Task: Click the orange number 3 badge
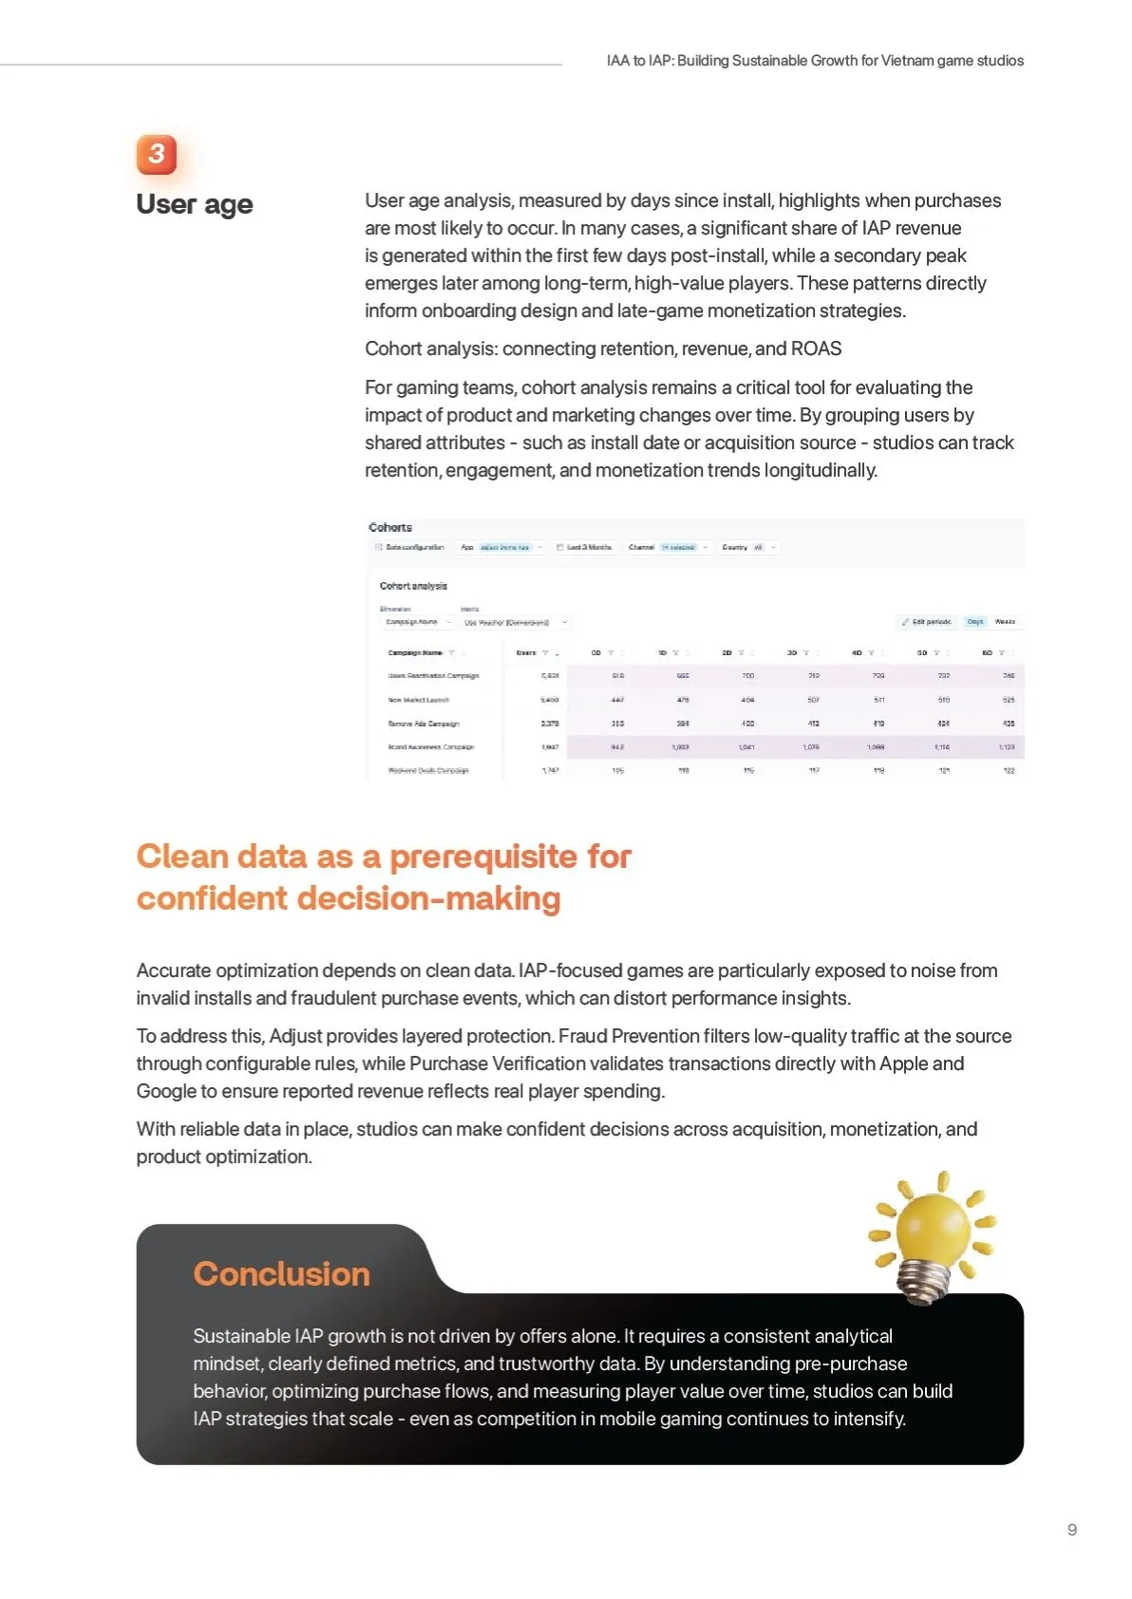157,154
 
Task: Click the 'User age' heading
195,204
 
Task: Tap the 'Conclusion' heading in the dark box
281,1273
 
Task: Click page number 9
1071,1530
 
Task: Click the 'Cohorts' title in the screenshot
390,527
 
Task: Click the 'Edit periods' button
927,622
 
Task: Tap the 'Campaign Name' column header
415,653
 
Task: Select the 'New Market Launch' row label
418,700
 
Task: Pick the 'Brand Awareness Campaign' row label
430,747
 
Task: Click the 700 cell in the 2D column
747,676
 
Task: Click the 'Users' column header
527,653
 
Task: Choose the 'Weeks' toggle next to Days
1005,622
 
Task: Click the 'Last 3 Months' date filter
589,548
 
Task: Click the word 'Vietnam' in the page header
907,61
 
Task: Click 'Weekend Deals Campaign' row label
427,771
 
